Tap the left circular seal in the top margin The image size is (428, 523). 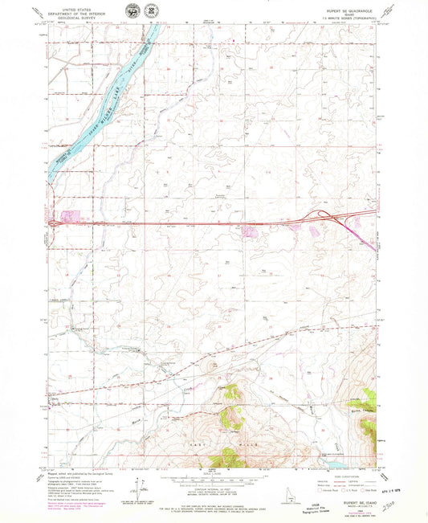(x=131, y=10)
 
